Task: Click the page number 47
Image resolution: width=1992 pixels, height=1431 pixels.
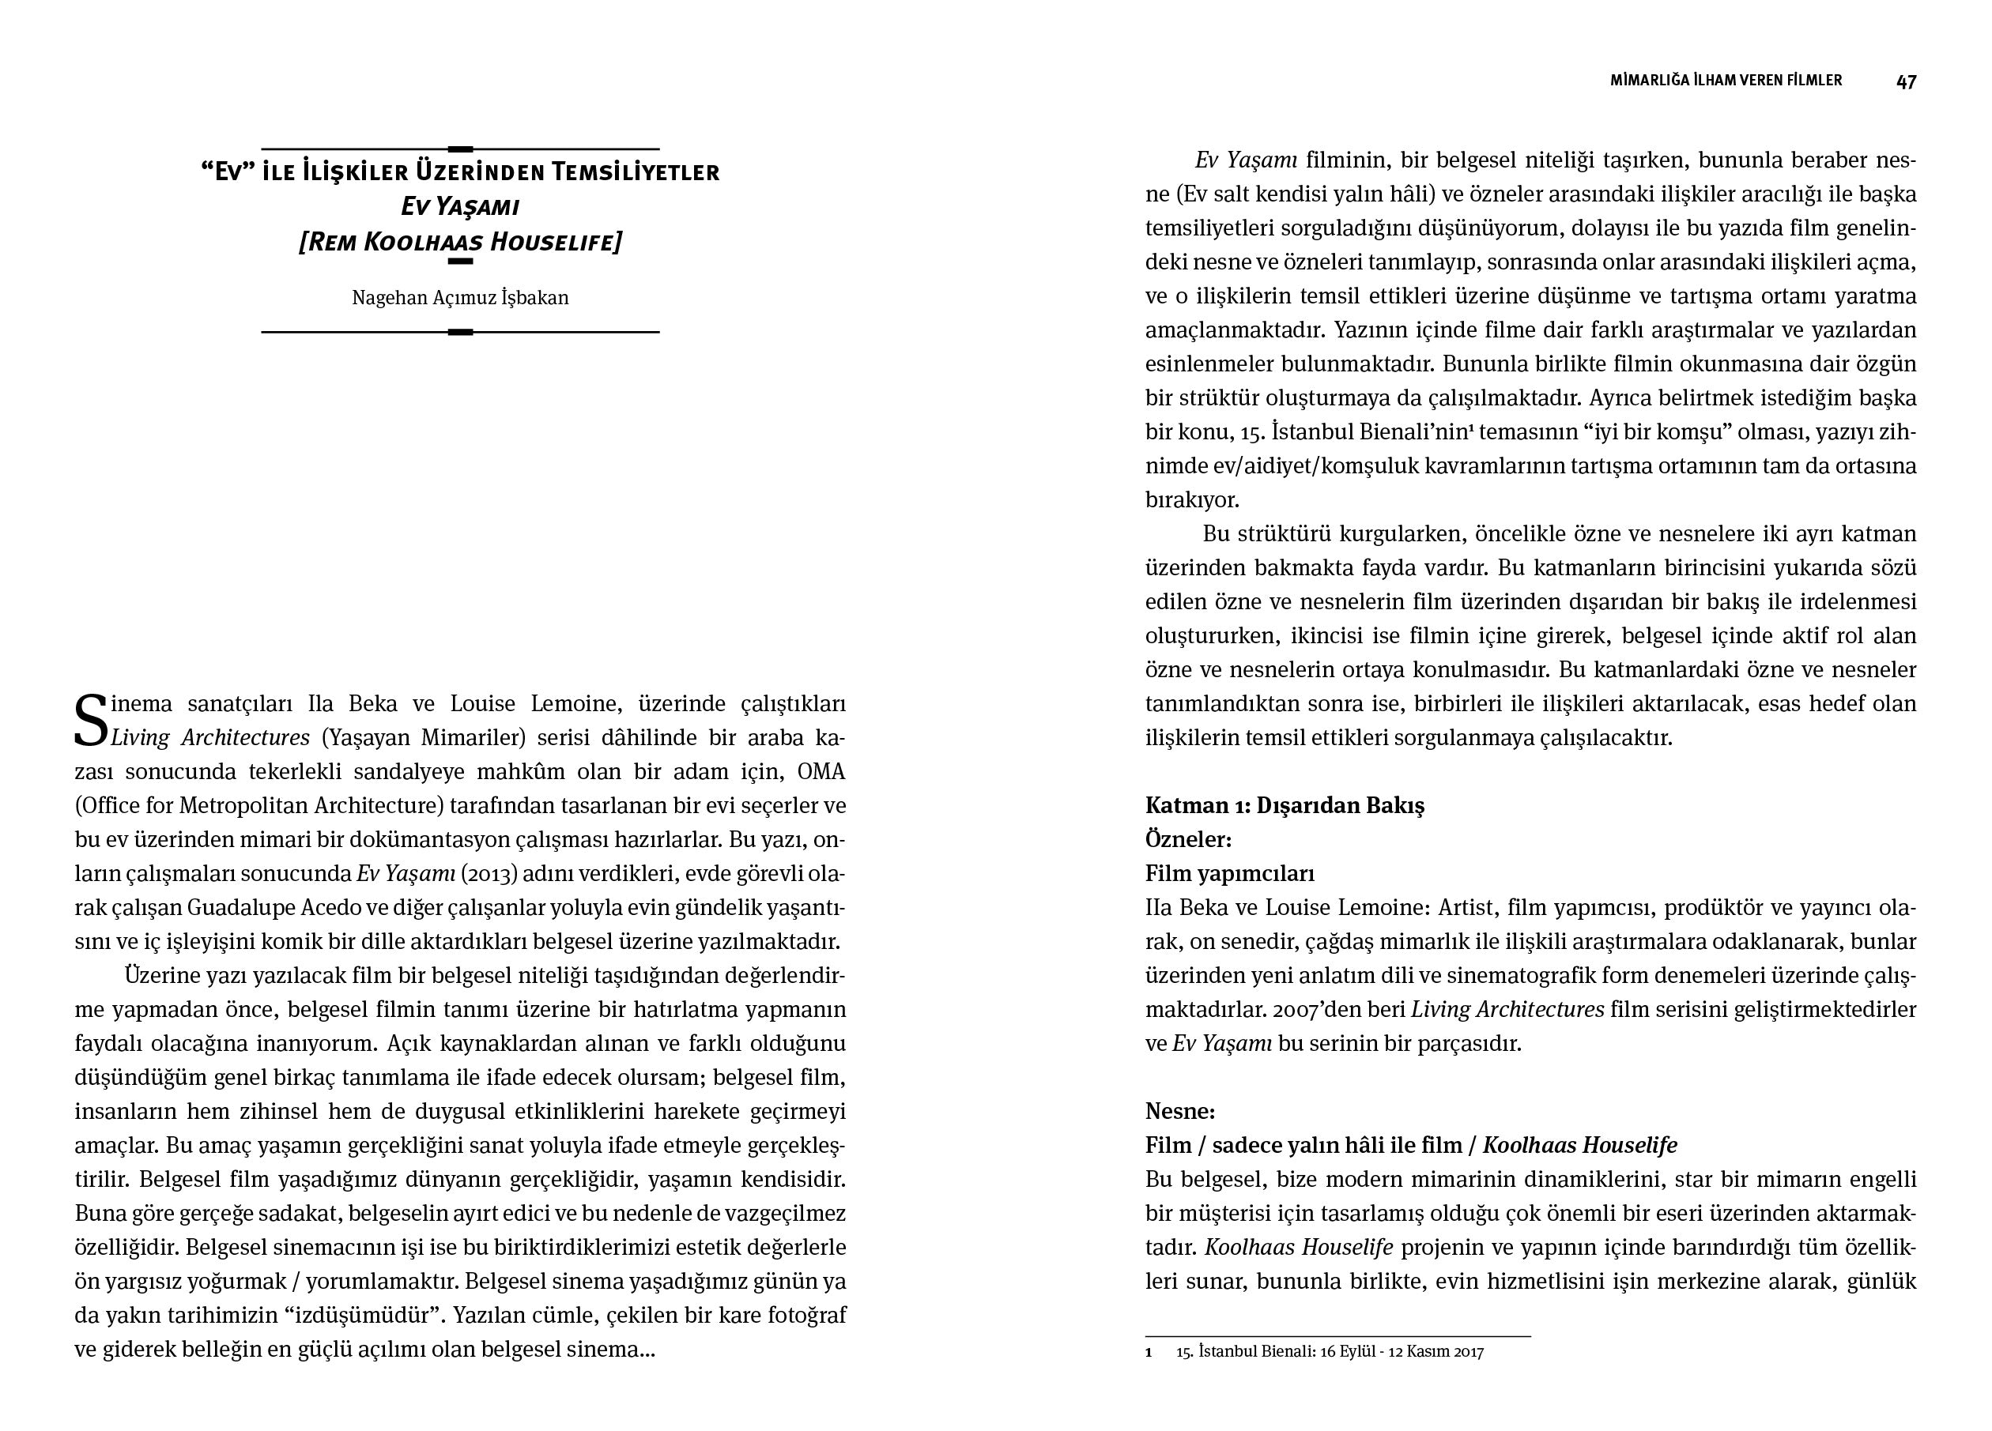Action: [1906, 81]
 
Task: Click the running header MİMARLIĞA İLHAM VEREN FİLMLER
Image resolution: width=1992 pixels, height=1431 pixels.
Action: [1726, 81]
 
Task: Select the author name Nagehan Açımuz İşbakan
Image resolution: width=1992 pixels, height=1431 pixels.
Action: [460, 299]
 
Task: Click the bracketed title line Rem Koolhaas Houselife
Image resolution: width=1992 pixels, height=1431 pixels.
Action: [460, 243]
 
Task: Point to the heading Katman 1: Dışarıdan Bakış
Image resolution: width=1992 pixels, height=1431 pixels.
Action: [1284, 806]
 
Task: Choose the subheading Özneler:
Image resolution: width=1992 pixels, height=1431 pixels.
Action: [1188, 840]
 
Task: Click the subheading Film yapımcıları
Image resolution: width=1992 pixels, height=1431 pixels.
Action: [1230, 873]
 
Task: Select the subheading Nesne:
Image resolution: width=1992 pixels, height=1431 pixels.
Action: [1179, 1113]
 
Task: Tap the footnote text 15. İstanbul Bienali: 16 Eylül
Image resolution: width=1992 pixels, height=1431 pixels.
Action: [1330, 1352]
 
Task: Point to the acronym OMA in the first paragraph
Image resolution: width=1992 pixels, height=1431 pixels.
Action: [821, 773]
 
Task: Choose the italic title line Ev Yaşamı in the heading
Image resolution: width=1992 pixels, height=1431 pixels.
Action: [460, 207]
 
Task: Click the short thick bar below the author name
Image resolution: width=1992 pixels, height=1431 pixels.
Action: [460, 332]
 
